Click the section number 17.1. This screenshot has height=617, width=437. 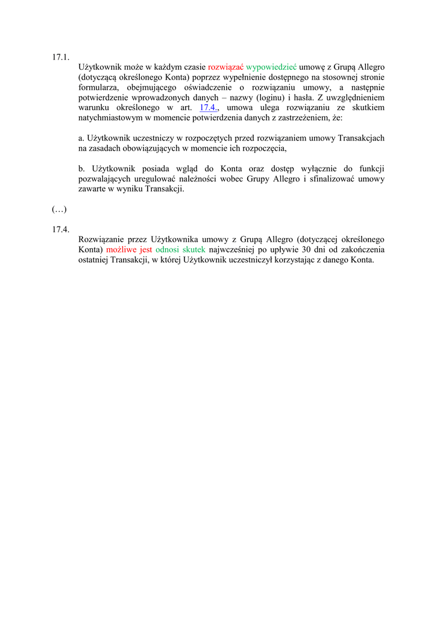pos(61,57)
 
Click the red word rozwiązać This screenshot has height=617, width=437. pos(225,67)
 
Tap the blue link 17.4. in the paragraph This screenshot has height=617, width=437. pos(208,108)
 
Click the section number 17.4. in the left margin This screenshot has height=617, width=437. pos(61,229)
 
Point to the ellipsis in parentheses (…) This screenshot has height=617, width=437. pos(59,209)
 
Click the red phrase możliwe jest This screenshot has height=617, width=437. pos(129,249)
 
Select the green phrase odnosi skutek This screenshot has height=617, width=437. pos(180,249)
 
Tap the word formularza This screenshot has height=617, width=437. pos(98,87)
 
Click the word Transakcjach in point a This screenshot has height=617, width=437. pos(361,138)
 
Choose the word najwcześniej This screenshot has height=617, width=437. pos(233,249)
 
